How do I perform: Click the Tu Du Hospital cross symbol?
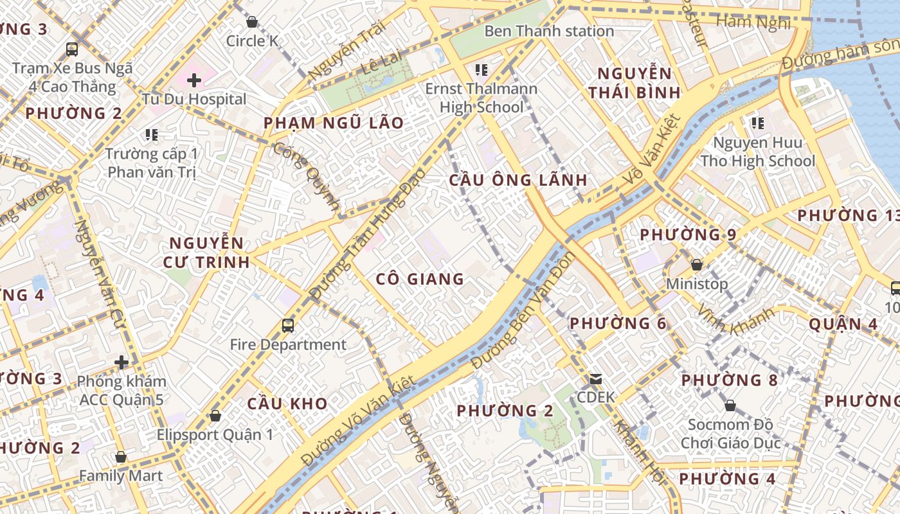(194, 80)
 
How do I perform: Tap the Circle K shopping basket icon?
(252, 22)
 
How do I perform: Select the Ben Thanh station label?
(549, 31)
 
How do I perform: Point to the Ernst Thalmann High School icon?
(481, 69)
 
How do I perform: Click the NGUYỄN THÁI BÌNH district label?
(634, 83)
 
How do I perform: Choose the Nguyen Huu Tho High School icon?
(757, 123)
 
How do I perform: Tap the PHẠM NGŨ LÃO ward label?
(334, 123)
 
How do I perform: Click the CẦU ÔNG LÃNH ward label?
(518, 180)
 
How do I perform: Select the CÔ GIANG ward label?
(420, 279)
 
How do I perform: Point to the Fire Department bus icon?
(288, 326)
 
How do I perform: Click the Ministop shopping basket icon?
(696, 265)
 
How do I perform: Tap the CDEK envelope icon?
(596, 379)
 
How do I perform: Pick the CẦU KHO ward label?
(287, 403)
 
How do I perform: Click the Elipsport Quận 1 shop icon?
(215, 416)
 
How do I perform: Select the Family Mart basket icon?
(121, 457)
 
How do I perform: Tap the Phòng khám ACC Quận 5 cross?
(122, 362)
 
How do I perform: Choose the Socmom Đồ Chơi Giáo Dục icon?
(730, 406)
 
